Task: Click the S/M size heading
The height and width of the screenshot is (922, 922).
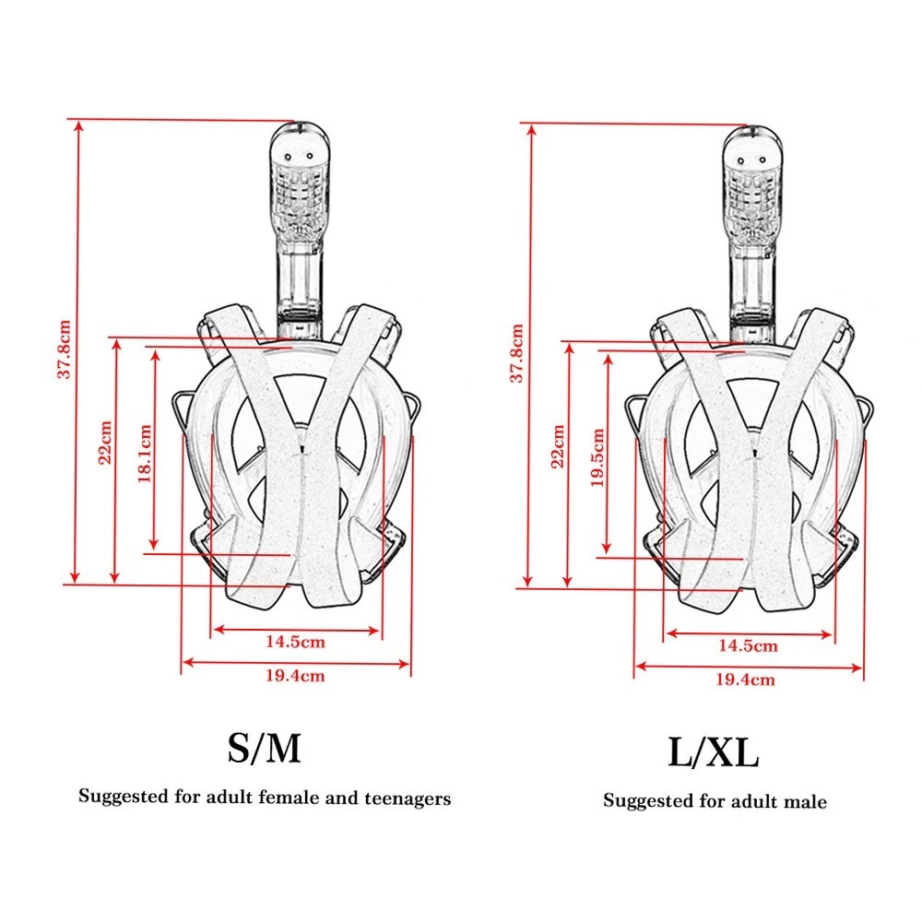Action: pyautogui.click(x=264, y=748)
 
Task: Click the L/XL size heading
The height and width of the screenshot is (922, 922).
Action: pyautogui.click(x=714, y=752)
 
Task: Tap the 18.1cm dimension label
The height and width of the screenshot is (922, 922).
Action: pyautogui.click(x=145, y=454)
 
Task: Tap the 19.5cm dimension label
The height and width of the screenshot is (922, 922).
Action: pyautogui.click(x=597, y=457)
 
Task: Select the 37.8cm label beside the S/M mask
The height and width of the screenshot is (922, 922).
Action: pyautogui.click(x=64, y=349)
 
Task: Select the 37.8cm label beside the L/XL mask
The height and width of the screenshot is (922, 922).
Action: pyautogui.click(x=516, y=353)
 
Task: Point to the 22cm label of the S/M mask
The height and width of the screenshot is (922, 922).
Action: pyautogui.click(x=105, y=443)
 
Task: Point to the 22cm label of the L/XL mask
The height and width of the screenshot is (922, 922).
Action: pyautogui.click(x=558, y=447)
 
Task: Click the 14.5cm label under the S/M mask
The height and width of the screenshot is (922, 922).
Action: pyautogui.click(x=295, y=642)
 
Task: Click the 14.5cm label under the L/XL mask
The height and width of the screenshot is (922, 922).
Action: pyautogui.click(x=748, y=646)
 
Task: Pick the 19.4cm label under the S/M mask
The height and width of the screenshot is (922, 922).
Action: pyautogui.click(x=295, y=676)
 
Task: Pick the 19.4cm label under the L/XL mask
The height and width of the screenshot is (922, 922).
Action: pyautogui.click(x=745, y=680)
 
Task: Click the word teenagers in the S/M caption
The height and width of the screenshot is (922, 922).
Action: pyautogui.click(x=408, y=798)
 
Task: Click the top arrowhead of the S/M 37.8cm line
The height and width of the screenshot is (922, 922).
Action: pyautogui.click(x=79, y=125)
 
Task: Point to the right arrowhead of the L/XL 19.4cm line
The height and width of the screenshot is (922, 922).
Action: pyautogui.click(x=857, y=668)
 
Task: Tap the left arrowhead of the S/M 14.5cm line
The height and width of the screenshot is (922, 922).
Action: pyautogui.click(x=219, y=630)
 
